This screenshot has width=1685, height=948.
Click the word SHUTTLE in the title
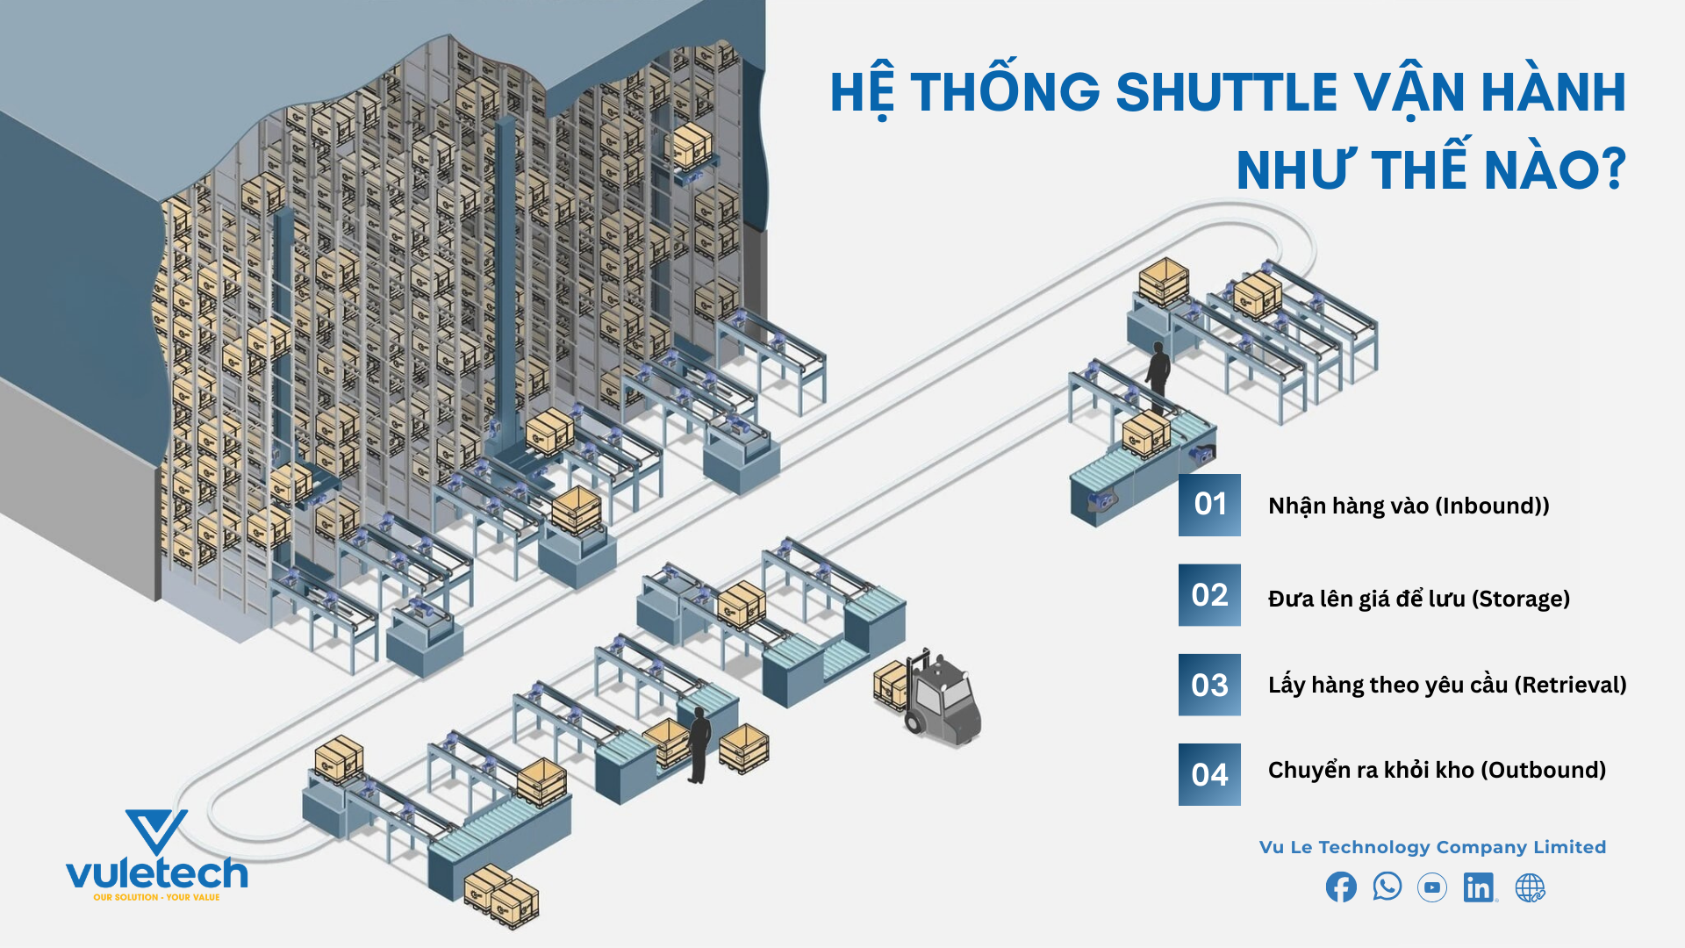[x=1225, y=92]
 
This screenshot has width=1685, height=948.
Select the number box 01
[x=1209, y=505]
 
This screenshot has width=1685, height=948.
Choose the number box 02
[x=1209, y=595]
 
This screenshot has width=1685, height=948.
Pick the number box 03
[x=1209, y=685]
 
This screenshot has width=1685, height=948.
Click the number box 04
[x=1209, y=774]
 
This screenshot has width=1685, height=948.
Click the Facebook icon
[x=1341, y=887]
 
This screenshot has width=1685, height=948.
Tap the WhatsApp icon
[x=1387, y=887]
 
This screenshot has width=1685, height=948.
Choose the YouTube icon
[x=1432, y=887]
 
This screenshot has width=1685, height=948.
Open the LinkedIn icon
[x=1480, y=887]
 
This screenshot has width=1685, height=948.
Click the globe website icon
[x=1530, y=887]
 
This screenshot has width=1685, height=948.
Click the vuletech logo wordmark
[x=157, y=873]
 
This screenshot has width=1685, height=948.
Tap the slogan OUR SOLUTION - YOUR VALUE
[x=156, y=897]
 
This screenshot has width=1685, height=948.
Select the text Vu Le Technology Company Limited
[x=1432, y=847]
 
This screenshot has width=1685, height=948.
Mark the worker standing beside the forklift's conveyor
[x=699, y=744]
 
